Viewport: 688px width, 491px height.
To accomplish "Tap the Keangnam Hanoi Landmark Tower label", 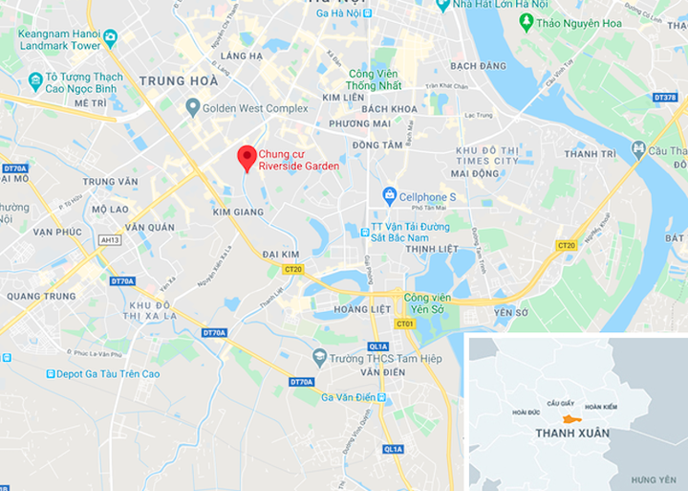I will click(59, 38).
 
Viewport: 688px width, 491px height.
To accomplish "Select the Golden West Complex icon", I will click(192, 108).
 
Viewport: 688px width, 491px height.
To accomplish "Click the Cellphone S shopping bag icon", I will click(389, 196).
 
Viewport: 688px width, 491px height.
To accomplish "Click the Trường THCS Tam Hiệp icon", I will click(320, 358).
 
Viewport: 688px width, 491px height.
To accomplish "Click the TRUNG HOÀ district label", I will click(178, 81).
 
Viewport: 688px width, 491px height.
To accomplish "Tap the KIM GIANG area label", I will click(239, 212).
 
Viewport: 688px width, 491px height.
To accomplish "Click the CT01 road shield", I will click(405, 324).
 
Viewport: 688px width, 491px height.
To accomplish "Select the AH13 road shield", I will click(110, 240).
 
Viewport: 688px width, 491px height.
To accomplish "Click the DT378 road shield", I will click(665, 98).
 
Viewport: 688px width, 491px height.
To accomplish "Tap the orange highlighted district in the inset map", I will click(570, 419).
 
